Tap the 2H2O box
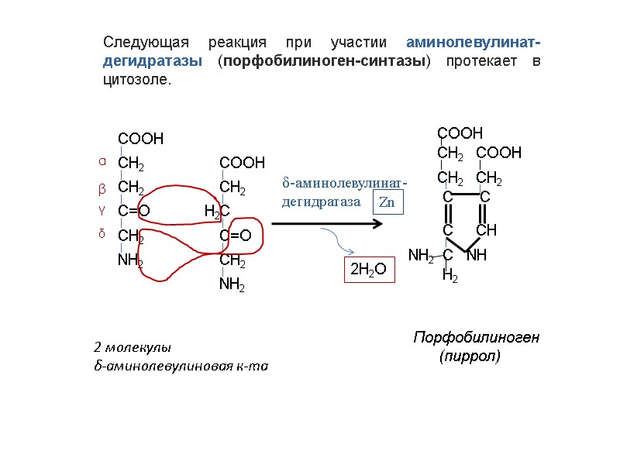tap(369, 270)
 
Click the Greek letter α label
tap(101, 162)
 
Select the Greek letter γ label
tap(101, 210)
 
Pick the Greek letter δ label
tap(101, 233)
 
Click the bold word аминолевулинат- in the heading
tap(474, 41)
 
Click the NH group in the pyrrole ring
tap(477, 254)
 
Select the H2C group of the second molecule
tap(217, 211)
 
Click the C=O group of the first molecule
tap(133, 210)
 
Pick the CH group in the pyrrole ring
tap(485, 230)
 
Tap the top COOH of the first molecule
tap(140, 139)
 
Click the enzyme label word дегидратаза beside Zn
tap(321, 201)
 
